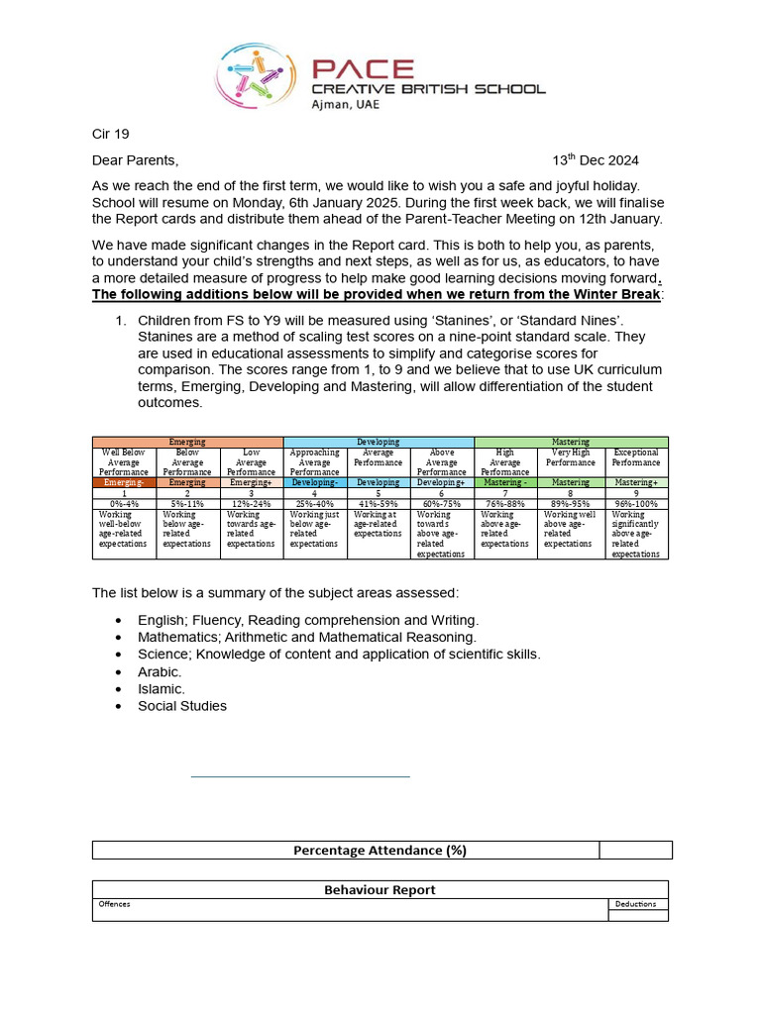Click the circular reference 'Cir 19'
(110, 134)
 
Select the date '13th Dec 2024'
(596, 160)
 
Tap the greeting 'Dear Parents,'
(136, 160)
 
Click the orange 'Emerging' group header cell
(187, 442)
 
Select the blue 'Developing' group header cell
(379, 442)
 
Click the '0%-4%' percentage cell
(124, 503)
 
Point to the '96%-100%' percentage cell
(636, 503)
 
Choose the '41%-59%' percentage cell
(379, 503)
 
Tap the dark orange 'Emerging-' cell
(124, 482)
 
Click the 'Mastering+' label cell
(636, 482)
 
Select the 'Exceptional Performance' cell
(636, 462)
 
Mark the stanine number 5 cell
(379, 493)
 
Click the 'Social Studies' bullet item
(182, 706)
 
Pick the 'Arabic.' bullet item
(160, 671)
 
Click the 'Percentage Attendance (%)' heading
(380, 850)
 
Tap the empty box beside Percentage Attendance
(635, 850)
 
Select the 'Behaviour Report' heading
(380, 889)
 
